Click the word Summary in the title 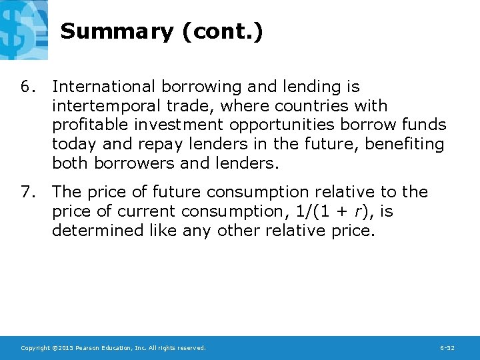pyautogui.click(x=116, y=31)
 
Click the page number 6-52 pyautogui.click(x=447, y=348)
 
